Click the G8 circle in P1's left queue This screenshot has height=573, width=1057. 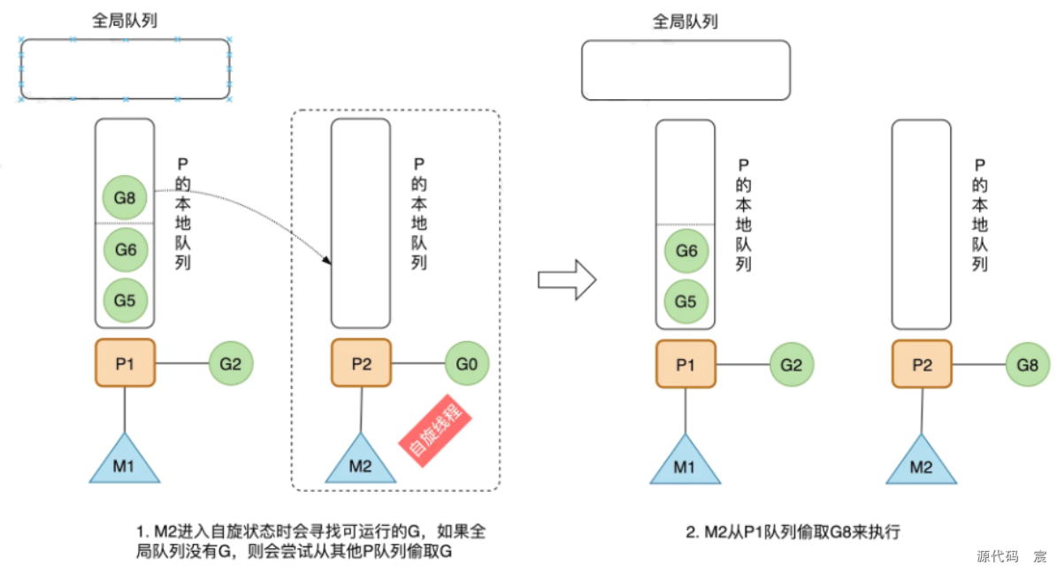pos(125,197)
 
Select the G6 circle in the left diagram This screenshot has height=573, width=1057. pos(125,250)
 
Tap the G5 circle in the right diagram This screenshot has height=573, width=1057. pos(686,302)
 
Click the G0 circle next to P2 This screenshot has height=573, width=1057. pos(466,363)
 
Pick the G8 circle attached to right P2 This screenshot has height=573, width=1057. pos(1028,363)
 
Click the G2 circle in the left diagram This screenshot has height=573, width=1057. pos(231,363)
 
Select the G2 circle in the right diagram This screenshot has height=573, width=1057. pos(792,363)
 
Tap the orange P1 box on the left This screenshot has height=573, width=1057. pos(125,363)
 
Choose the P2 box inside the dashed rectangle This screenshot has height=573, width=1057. pos(361,363)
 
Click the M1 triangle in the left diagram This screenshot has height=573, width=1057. pos(125,463)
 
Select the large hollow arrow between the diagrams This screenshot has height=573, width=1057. pos(567,280)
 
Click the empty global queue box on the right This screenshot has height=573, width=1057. pos(686,70)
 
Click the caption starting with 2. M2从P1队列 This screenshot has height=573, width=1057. pos(793,532)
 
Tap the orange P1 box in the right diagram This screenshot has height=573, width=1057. pos(686,363)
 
